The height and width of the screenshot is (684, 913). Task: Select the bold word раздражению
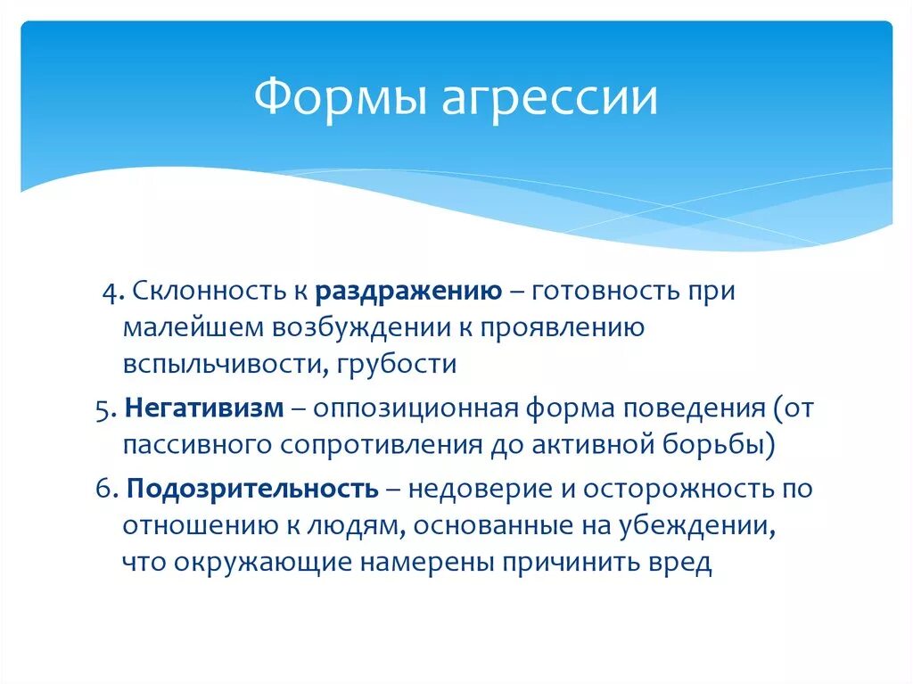coord(407,293)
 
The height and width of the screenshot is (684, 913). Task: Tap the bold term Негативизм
coord(204,408)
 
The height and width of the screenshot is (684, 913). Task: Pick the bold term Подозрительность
coord(252,490)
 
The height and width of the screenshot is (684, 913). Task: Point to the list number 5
coord(102,408)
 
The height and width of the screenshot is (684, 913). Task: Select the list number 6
coord(103,490)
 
